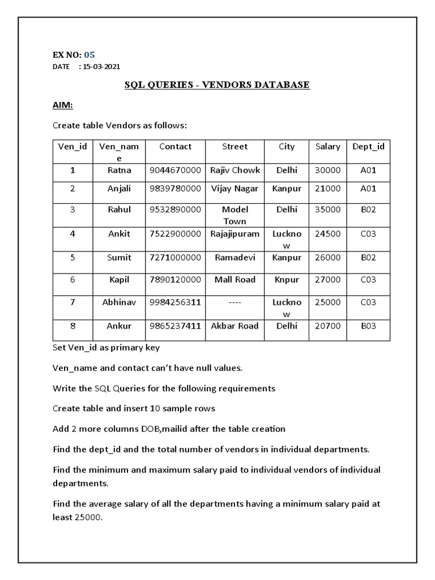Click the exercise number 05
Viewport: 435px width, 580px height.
pos(89,55)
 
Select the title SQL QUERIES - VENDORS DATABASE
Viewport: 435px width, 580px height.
pos(217,85)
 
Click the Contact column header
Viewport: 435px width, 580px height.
pos(175,147)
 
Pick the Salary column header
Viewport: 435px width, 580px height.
pos(327,147)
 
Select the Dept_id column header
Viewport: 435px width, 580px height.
pos(368,147)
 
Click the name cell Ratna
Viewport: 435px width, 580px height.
pos(119,170)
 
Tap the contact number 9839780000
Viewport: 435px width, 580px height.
pos(175,189)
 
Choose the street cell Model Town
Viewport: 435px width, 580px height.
pos(234,215)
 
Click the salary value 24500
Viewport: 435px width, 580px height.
pos(327,233)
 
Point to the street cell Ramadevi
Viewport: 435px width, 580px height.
pos(234,258)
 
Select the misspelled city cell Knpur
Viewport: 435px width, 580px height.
pos(287,280)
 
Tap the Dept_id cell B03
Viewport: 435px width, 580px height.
pos(368,326)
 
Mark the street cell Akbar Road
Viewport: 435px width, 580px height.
pos(234,326)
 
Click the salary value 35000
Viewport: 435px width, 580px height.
pos(327,210)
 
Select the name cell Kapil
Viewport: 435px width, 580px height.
pos(119,280)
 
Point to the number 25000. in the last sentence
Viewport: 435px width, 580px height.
pos(89,517)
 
